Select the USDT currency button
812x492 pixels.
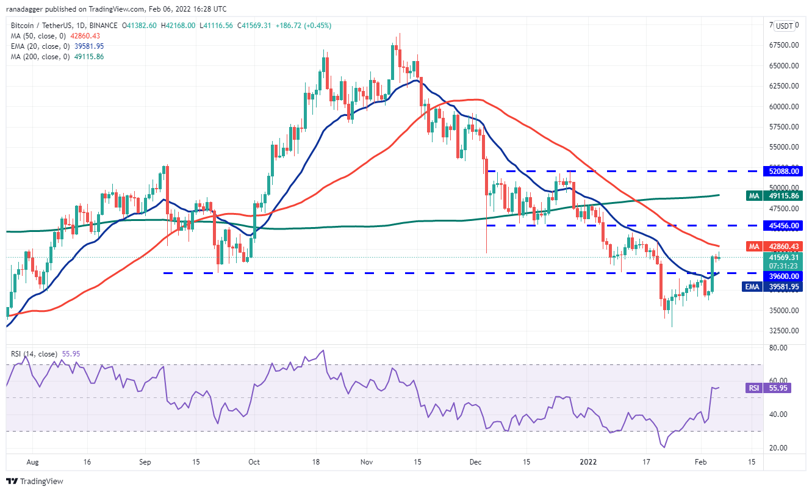784,26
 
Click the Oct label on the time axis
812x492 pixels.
254,462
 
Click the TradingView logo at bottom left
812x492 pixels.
35,481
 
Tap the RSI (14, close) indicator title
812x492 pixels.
34,353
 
